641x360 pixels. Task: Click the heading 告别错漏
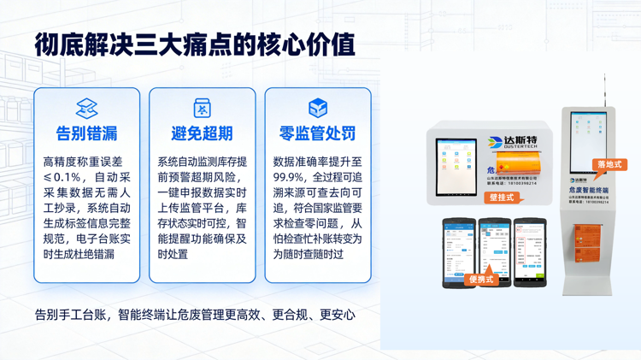[86, 133]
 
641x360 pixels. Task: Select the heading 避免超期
[202, 133]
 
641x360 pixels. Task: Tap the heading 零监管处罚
[317, 133]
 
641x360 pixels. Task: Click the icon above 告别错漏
[86, 109]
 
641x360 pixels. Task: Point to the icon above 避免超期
[202, 109]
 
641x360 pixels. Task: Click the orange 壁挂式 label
[503, 198]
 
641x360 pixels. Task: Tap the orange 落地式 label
[611, 164]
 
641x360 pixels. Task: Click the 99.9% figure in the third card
[291, 176]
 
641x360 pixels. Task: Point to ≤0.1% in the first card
[62, 176]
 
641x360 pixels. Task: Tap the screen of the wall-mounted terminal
[456, 167]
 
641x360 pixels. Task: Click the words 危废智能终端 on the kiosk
[589, 190]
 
